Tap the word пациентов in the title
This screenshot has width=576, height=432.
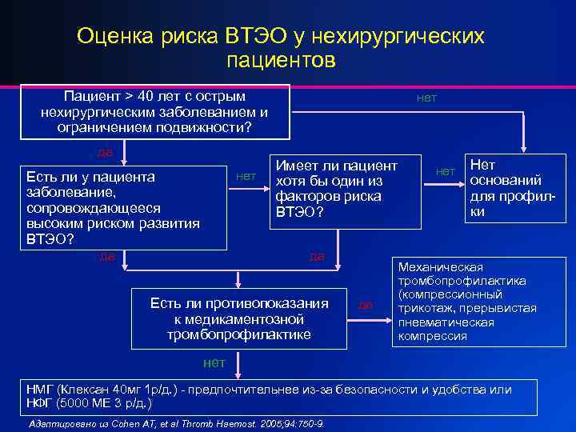pyautogui.click(x=281, y=60)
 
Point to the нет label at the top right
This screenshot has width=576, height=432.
pyautogui.click(x=426, y=98)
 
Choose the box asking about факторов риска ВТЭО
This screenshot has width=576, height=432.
pyautogui.click(x=346, y=189)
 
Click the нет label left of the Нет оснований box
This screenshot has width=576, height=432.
pyautogui.click(x=445, y=170)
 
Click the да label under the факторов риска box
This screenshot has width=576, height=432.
pyautogui.click(x=316, y=256)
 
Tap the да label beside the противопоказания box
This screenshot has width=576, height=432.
pyautogui.click(x=366, y=305)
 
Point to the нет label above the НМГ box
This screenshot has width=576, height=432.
pyautogui.click(x=214, y=362)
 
